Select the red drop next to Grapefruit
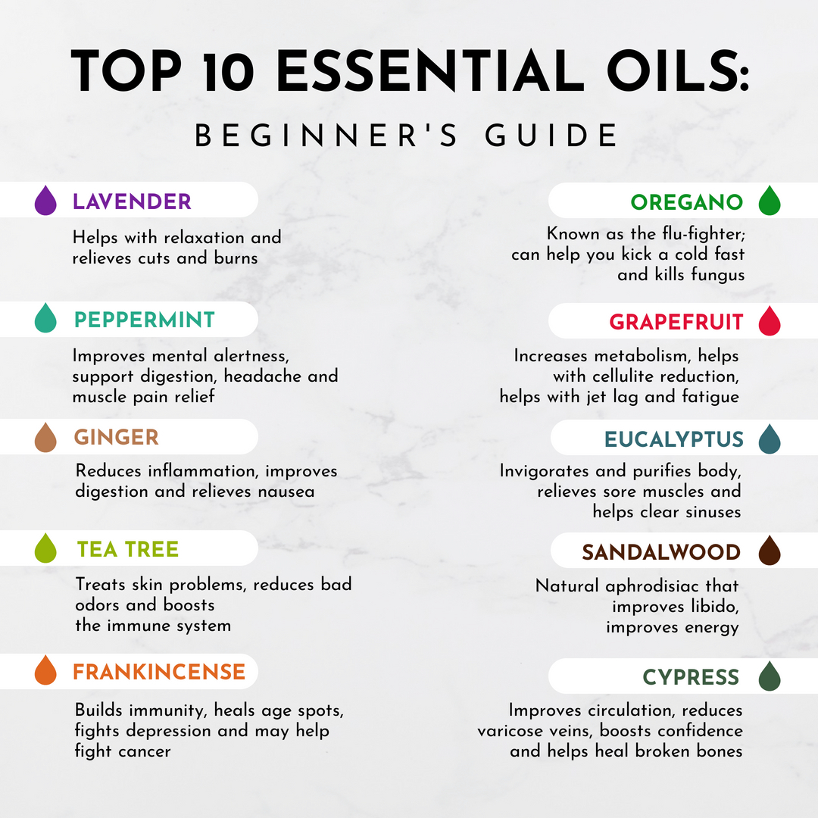[x=770, y=321]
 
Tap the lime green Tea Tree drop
[x=45, y=548]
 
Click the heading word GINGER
[x=117, y=437]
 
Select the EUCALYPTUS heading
[x=674, y=439]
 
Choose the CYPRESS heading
[x=691, y=677]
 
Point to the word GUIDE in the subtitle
[x=551, y=136]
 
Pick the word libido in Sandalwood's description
[x=715, y=606]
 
